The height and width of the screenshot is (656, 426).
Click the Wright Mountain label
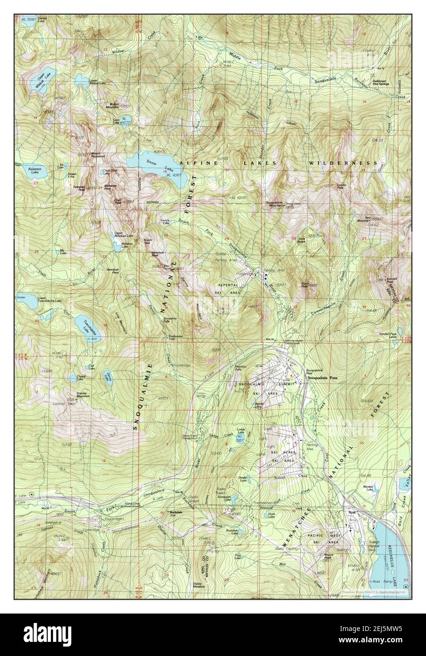(x=110, y=106)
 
